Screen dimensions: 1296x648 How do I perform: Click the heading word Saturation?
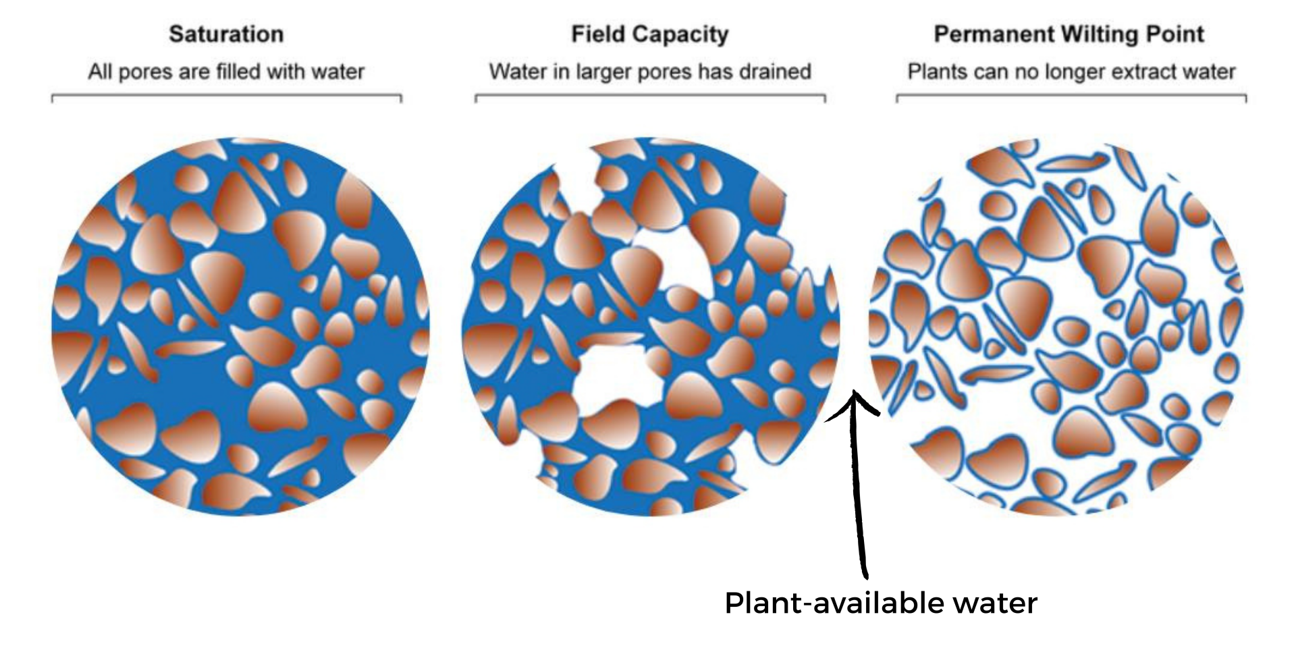tap(226, 34)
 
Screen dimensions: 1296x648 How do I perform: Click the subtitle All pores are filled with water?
tap(226, 72)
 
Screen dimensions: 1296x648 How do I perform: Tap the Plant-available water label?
tap(881, 603)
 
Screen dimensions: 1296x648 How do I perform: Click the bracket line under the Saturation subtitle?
tap(227, 96)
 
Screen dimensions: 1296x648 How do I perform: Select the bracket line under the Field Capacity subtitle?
tap(650, 96)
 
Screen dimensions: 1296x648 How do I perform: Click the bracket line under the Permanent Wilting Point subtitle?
tap(1071, 96)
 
